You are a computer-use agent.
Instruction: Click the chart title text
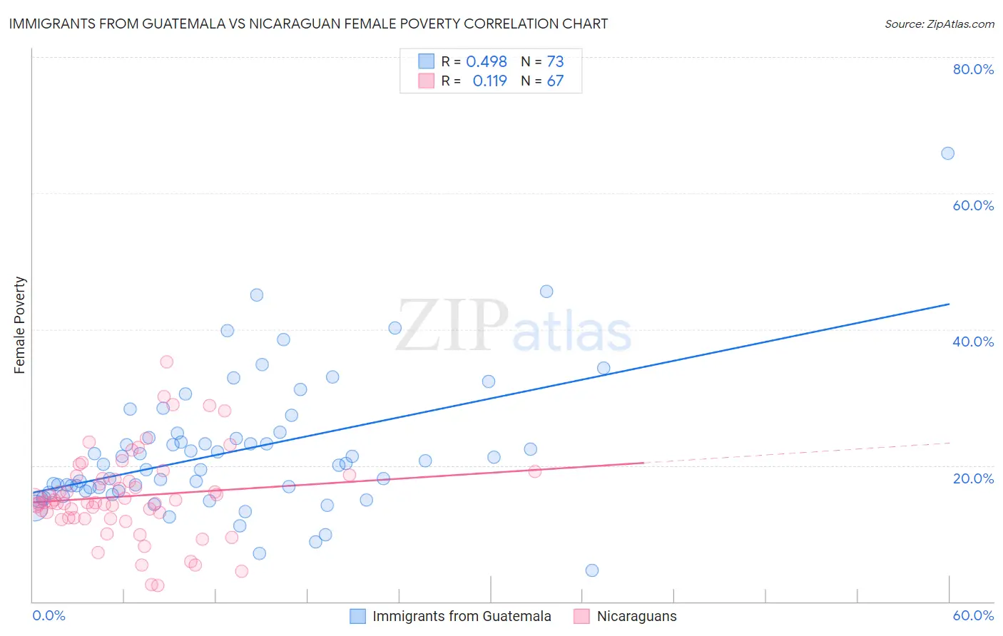pos(308,24)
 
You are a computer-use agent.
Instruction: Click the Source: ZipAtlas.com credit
pos(939,24)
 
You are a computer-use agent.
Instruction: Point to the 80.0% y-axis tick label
pos(973,69)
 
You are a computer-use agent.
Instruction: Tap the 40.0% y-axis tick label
pos(973,342)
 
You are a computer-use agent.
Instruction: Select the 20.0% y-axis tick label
pos(973,478)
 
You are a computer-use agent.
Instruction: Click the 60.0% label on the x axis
pos(973,615)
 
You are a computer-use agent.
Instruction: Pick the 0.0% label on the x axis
pos(49,615)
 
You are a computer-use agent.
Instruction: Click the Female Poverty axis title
pos(20,325)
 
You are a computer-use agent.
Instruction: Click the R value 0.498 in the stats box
pos(487,62)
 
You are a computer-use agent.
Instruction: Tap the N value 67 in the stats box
pos(555,81)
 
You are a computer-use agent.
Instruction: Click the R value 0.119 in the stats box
pos(489,81)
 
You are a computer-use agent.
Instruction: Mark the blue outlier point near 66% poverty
pos(947,153)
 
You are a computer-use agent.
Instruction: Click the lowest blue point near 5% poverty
pos(591,570)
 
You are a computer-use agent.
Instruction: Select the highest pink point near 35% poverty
pos(166,361)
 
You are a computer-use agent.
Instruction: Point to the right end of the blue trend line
pos(949,304)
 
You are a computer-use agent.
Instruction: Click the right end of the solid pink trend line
pos(643,463)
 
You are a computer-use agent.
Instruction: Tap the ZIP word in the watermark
pos(452,327)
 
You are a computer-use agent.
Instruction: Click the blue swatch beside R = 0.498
pos(427,61)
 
